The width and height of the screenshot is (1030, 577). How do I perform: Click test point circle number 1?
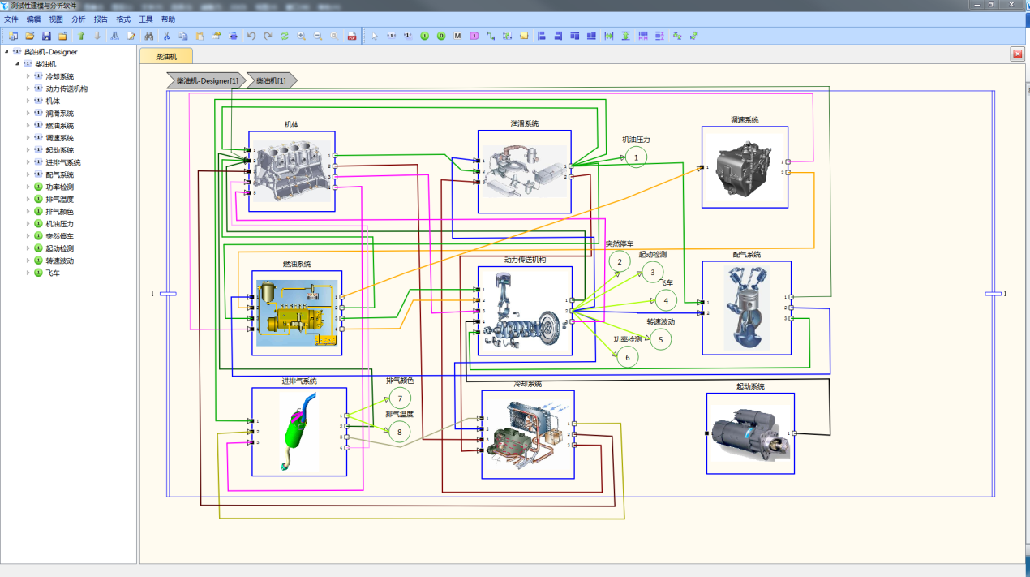637,157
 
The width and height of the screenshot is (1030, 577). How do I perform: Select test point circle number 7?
400,398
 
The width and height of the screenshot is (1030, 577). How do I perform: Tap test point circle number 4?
666,300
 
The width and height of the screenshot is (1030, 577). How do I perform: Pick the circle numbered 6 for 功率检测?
627,355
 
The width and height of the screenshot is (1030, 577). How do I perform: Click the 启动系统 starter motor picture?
749,434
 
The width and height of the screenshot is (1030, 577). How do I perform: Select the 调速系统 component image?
745,166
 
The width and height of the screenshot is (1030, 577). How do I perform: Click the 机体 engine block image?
290,171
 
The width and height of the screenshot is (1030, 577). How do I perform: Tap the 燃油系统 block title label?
297,264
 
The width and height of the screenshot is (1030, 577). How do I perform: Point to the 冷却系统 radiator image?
527,435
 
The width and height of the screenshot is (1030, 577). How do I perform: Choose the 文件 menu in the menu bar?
11,19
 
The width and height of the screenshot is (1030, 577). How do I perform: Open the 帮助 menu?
168,19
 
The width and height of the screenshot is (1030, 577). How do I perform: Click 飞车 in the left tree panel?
53,273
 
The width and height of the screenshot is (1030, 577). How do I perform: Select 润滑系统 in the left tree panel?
60,114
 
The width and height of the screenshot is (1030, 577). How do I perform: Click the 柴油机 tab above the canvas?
166,57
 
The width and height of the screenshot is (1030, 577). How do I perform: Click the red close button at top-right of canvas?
1017,54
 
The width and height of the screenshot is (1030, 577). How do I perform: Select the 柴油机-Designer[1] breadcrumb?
207,80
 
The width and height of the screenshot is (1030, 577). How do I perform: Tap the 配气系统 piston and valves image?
746,309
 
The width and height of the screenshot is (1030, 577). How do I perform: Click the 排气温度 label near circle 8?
399,414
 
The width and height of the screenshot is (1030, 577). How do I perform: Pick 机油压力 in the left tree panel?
60,224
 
